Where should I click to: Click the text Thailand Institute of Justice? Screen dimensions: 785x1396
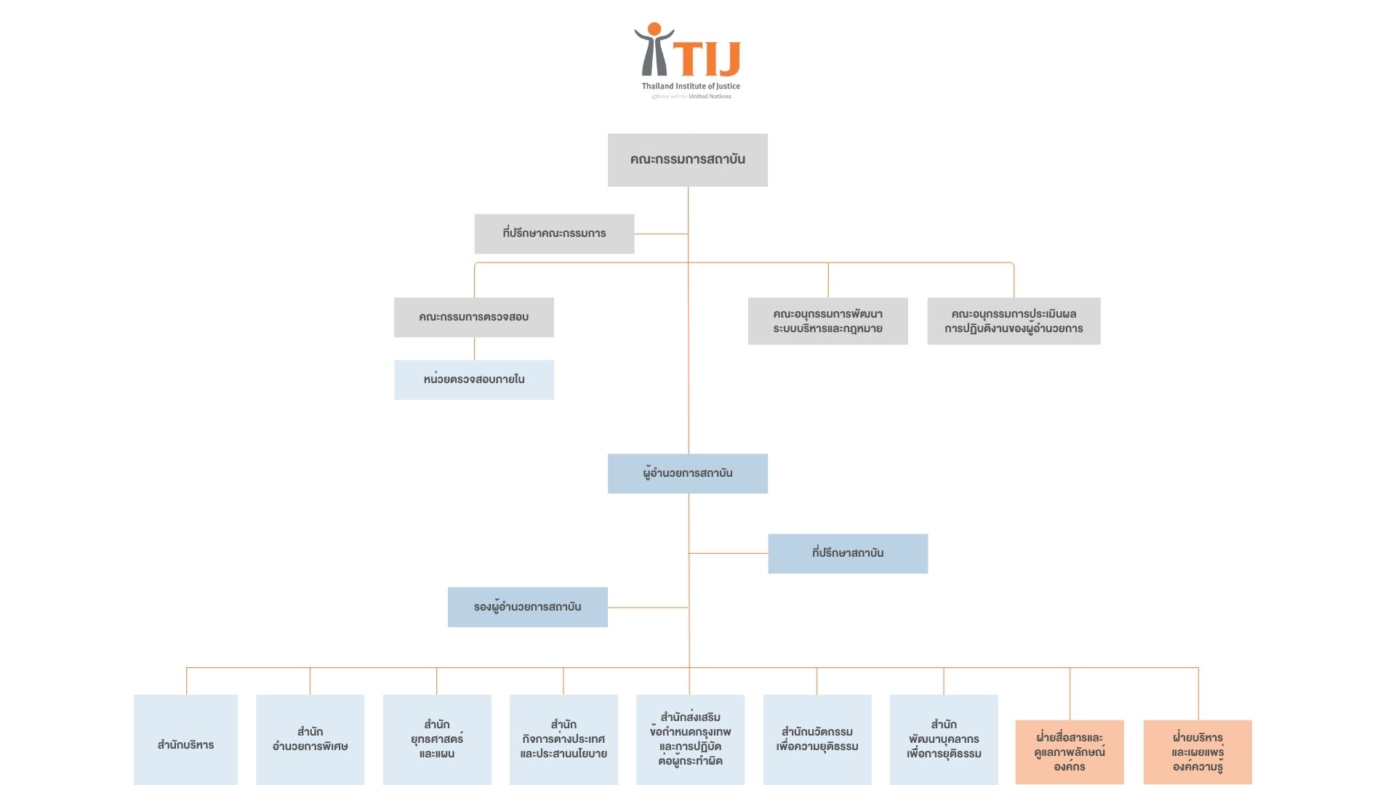[691, 86]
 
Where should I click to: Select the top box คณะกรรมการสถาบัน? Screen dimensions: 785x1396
[687, 160]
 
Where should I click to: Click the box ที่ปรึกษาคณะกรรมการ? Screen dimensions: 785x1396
[554, 233]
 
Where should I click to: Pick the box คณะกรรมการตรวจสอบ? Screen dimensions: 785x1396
[473, 317]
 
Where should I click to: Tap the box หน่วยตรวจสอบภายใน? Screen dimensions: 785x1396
[474, 379]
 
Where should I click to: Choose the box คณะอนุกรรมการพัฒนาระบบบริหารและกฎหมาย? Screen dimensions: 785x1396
[827, 321]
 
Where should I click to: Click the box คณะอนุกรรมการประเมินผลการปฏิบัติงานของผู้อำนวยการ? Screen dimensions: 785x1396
[1014, 321]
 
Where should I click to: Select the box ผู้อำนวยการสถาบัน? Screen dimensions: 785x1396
[687, 473]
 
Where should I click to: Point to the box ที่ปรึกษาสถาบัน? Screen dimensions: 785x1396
[848, 553]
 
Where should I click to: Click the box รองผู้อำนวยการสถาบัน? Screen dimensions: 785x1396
[527, 607]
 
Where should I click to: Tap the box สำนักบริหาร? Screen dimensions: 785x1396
[185, 741]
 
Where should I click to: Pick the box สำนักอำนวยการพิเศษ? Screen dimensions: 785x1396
[310, 740]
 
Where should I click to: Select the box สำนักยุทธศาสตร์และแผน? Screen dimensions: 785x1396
[436, 740]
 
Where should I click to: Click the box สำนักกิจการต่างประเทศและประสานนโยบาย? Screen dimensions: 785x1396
[563, 740]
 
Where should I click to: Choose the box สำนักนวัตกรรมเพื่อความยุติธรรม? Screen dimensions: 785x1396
[817, 740]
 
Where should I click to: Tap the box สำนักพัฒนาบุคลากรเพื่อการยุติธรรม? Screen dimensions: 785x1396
[944, 740]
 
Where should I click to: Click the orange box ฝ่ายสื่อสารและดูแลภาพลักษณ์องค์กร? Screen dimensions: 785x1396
[1070, 752]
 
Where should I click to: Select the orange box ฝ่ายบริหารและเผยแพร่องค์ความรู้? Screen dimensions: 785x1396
[1198, 752]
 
